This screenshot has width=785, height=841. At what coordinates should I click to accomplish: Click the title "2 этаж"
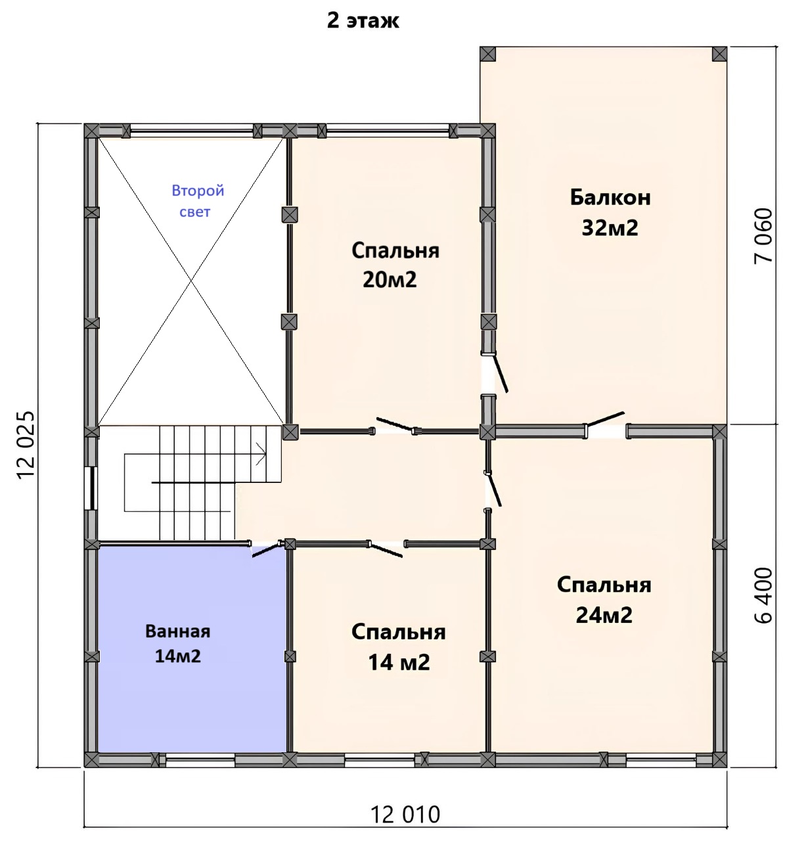pyautogui.click(x=363, y=20)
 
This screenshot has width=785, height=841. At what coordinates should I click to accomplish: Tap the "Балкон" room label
pyautogui.click(x=610, y=197)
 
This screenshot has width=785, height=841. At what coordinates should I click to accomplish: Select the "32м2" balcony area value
pyautogui.click(x=610, y=228)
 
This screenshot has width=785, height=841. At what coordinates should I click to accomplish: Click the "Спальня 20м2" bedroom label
pyautogui.click(x=395, y=265)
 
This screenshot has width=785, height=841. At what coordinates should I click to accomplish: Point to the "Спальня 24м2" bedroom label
pyautogui.click(x=604, y=600)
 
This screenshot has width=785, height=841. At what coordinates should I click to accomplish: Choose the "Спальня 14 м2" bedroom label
pyautogui.click(x=399, y=647)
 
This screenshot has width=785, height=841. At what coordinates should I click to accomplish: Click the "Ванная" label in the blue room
pyautogui.click(x=177, y=631)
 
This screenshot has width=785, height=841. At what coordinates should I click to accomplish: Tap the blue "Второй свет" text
pyautogui.click(x=197, y=201)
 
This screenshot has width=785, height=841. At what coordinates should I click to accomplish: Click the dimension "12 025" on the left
pyautogui.click(x=26, y=445)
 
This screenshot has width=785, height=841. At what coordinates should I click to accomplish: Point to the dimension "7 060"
pyautogui.click(x=763, y=235)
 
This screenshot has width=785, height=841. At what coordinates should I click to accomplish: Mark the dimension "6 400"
pyautogui.click(x=763, y=595)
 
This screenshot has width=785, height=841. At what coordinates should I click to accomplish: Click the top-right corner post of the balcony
pyautogui.click(x=719, y=54)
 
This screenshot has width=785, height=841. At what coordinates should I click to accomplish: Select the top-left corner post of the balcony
pyautogui.click(x=487, y=54)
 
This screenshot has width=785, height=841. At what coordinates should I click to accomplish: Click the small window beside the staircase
pyautogui.click(x=91, y=488)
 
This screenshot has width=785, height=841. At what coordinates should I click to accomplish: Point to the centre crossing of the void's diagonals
pyautogui.click(x=191, y=281)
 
